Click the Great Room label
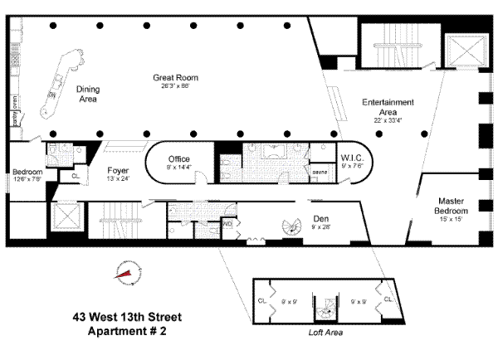click(x=174, y=77)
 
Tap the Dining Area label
click(x=87, y=94)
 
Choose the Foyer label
click(x=117, y=170)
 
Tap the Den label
click(x=320, y=219)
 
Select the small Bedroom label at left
click(x=27, y=172)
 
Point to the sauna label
click(x=320, y=172)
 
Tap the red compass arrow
click(x=126, y=274)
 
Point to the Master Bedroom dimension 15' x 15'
click(x=456, y=218)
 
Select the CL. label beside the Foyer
click(x=75, y=176)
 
